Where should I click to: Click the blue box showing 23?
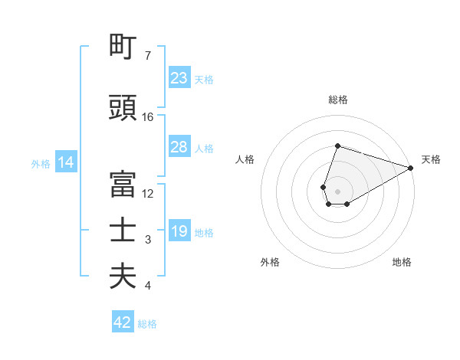pyautogui.click(x=179, y=78)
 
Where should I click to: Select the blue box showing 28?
pyautogui.click(x=179, y=147)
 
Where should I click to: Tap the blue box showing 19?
pyautogui.click(x=179, y=231)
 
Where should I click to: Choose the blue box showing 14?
pyautogui.click(x=65, y=162)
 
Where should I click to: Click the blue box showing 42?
pyautogui.click(x=123, y=322)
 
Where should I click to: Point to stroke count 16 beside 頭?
pyautogui.click(x=148, y=117)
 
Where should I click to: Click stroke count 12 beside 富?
pyautogui.click(x=148, y=194)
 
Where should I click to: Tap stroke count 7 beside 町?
pyautogui.click(x=148, y=56)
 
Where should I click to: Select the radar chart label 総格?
pyautogui.click(x=337, y=100)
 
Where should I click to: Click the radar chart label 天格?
pyautogui.click(x=431, y=159)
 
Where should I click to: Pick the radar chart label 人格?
pyautogui.click(x=245, y=159)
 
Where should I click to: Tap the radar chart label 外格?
pyautogui.click(x=270, y=262)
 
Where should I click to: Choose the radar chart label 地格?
pyautogui.click(x=402, y=262)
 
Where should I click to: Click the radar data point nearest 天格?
pyautogui.click(x=411, y=166)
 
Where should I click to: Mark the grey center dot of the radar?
pyautogui.click(x=337, y=190)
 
